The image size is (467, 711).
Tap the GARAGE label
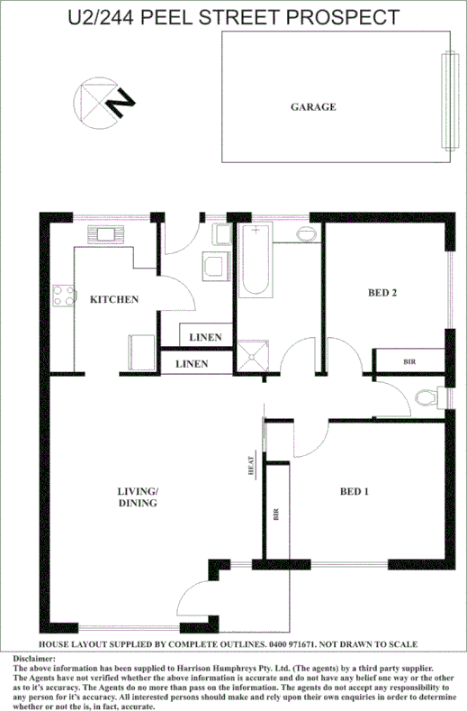tap(313, 107)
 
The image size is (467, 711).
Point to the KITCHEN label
tap(113, 299)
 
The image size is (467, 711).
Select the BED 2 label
tap(382, 291)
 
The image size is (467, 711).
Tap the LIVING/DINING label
tap(138, 497)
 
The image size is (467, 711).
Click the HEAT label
tap(254, 466)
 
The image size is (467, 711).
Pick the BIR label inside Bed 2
tap(409, 361)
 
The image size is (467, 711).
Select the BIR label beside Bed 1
tap(275, 516)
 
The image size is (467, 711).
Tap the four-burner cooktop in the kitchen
tap(63, 295)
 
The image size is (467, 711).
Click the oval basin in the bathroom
tap(306, 234)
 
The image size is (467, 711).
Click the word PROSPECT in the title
tap(343, 17)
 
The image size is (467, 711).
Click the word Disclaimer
tap(35, 660)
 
